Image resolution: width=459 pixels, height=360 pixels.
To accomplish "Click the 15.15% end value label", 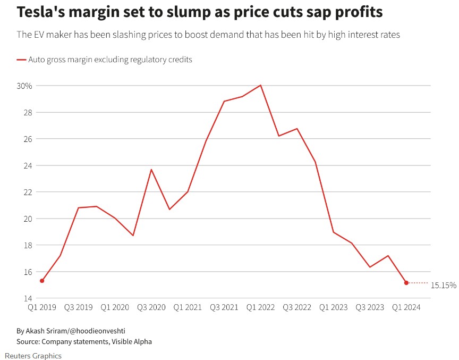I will pyautogui.click(x=443, y=285).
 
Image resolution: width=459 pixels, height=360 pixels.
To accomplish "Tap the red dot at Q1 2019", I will pyautogui.click(x=42, y=281).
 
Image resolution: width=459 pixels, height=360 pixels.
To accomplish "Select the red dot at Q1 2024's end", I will pyautogui.click(x=406, y=283).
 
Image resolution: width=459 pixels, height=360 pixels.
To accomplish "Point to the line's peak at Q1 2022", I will pyautogui.click(x=261, y=85).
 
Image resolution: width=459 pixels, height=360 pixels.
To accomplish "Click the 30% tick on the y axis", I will pyautogui.click(x=25, y=86).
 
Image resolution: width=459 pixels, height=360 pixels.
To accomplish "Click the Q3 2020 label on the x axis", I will pyautogui.click(x=151, y=307).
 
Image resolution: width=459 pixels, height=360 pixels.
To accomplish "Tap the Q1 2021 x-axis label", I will pyautogui.click(x=187, y=307).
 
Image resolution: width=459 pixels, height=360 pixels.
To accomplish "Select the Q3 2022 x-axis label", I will pyautogui.click(x=296, y=307).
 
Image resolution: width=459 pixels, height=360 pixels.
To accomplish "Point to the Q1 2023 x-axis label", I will pyautogui.click(x=333, y=307).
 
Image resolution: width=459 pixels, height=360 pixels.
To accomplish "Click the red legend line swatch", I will pyautogui.click(x=21, y=60).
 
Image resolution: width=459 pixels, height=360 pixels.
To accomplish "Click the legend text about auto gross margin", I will pyautogui.click(x=110, y=60).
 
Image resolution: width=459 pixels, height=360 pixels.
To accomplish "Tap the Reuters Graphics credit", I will pyautogui.click(x=33, y=356).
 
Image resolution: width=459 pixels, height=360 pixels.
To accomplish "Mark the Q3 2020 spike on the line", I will pyautogui.click(x=151, y=170).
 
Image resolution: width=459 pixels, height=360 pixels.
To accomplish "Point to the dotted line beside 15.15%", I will pyautogui.click(x=419, y=283).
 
